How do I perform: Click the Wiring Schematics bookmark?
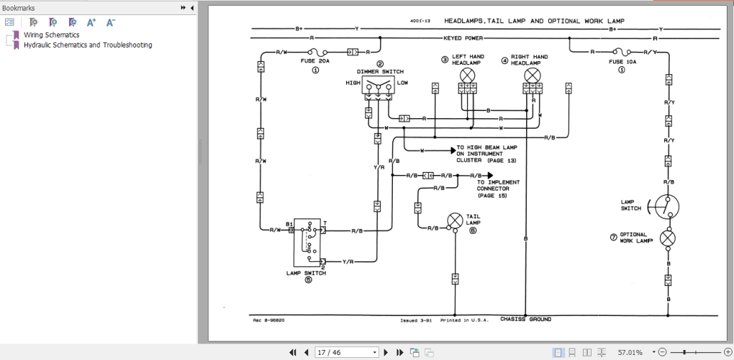[51, 35]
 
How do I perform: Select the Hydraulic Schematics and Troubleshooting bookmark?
[87, 45]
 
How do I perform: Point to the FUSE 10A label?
[622, 62]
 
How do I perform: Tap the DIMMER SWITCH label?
[380, 72]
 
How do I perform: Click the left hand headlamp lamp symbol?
[468, 75]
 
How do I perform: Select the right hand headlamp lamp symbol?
[532, 75]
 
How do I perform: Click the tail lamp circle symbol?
[455, 219]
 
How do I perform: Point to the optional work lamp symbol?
[668, 238]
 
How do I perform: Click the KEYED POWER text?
[464, 37]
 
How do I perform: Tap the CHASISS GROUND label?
[525, 319]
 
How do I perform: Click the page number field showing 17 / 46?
[345, 352]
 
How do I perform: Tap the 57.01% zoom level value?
[630, 352]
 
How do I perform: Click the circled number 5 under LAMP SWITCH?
[308, 280]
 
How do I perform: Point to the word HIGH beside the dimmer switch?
[353, 83]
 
